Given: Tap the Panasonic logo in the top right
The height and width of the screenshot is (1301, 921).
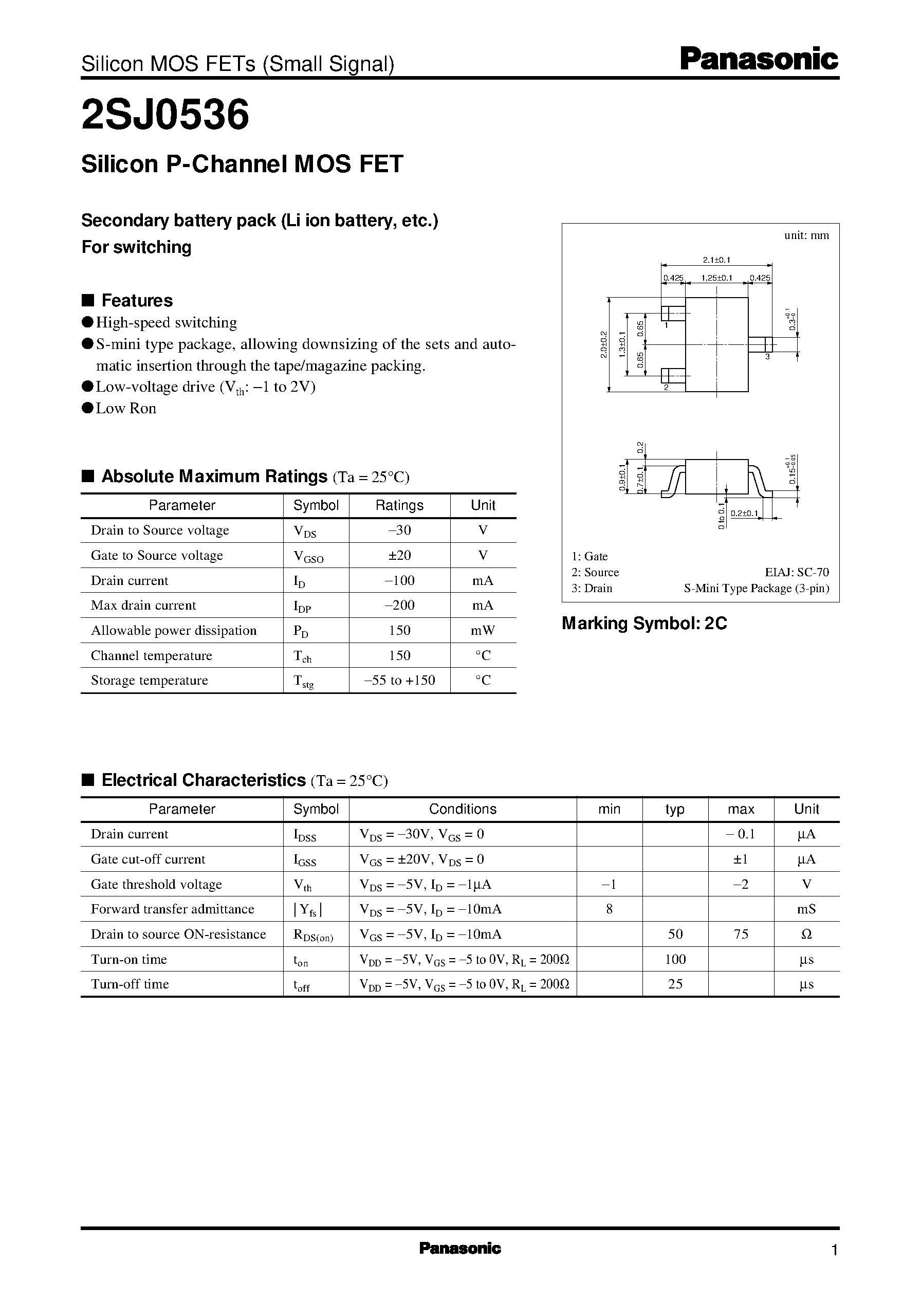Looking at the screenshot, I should coord(759,60).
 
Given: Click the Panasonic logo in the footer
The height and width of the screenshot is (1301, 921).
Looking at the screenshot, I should coord(460,1248).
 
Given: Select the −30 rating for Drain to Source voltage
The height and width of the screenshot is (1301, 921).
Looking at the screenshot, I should coord(399,530).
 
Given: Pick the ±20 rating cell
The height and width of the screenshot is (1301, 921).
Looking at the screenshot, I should coord(399,555).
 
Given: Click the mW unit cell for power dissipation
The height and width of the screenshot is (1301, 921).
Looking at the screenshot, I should coord(483,630).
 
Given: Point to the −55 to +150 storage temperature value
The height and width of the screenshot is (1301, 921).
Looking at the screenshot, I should coord(399,680).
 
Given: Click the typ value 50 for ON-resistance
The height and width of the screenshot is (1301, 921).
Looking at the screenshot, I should coord(675,934).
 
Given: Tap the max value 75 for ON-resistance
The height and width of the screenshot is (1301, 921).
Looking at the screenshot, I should coord(741,934).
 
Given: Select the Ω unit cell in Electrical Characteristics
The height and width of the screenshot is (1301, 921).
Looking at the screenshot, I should coord(806,934).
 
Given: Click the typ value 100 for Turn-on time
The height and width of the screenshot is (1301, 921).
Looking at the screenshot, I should coord(675,959).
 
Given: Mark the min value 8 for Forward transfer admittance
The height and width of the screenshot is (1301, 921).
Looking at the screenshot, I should coord(609,909).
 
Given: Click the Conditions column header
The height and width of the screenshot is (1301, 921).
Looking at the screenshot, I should coord(462,809).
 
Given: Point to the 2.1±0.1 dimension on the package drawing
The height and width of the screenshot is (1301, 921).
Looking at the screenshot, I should coord(717,260).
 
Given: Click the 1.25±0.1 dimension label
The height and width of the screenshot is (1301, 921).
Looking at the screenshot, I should coord(717,278).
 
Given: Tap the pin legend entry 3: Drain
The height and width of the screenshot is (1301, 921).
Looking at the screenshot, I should coord(592,588).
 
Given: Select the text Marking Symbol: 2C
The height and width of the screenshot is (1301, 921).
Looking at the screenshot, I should coord(644,624).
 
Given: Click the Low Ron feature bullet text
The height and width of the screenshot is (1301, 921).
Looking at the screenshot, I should coord(126,408).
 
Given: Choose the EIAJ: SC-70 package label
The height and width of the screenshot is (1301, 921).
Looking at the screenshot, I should coord(797,572).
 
